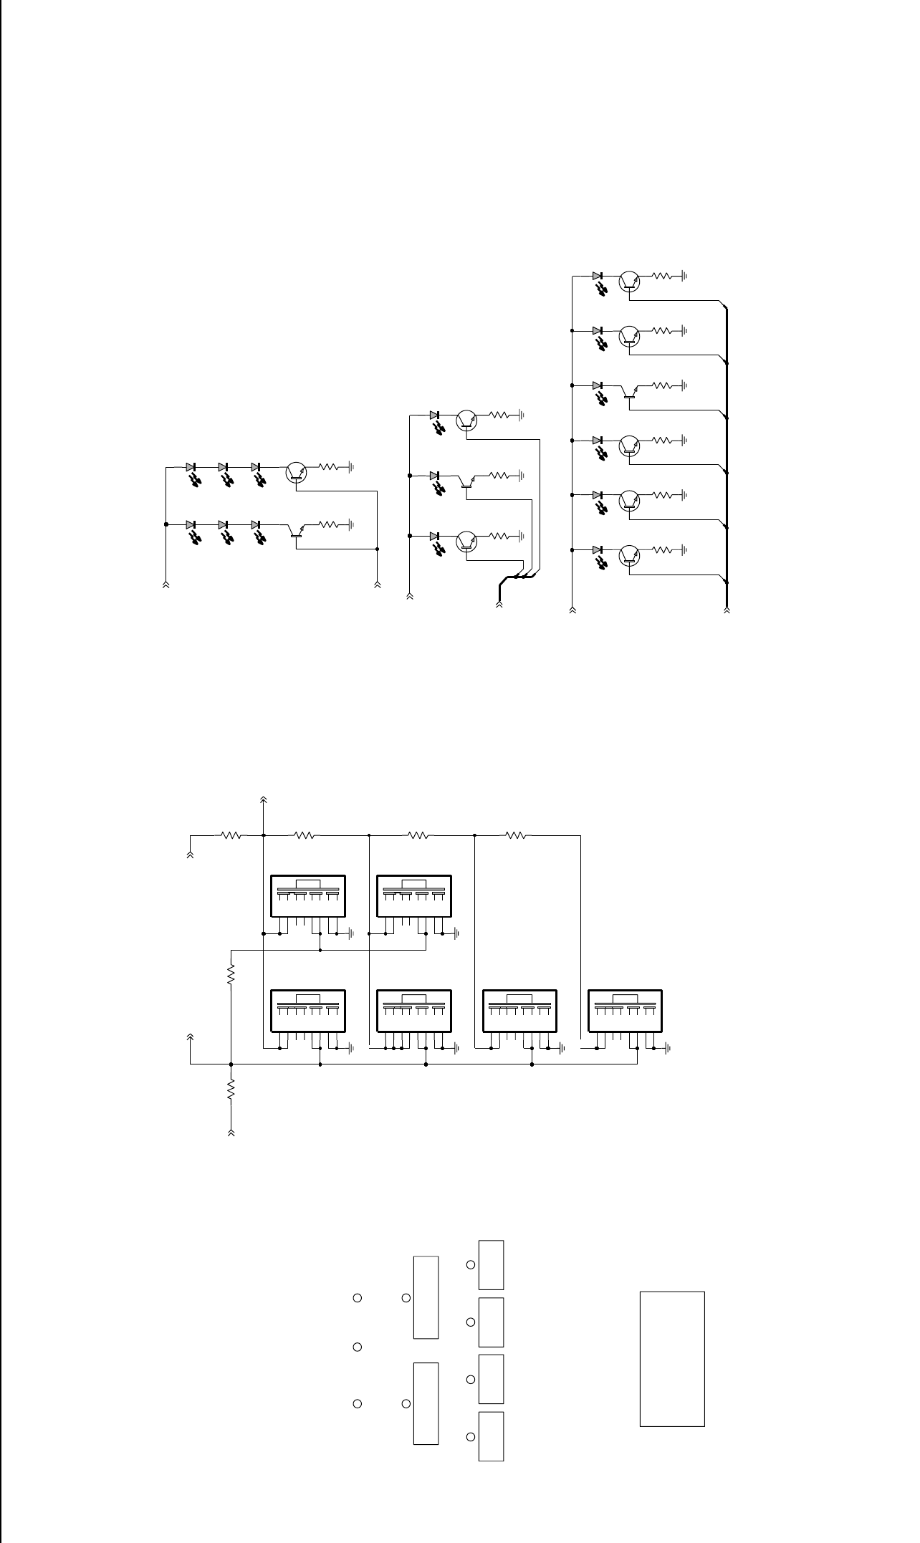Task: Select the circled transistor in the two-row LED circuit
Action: click(x=296, y=471)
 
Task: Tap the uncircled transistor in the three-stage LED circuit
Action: click(x=466, y=481)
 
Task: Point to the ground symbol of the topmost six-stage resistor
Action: click(x=685, y=275)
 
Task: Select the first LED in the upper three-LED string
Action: click(x=191, y=467)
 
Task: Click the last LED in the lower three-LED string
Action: click(x=256, y=525)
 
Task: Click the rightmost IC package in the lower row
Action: click(x=625, y=1010)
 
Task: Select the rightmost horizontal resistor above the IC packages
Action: click(x=516, y=835)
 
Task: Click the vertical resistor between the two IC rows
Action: click(x=231, y=974)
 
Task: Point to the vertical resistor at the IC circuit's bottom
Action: click(x=231, y=1090)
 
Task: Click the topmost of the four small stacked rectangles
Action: click(x=491, y=1264)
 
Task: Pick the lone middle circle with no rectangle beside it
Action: click(x=358, y=1347)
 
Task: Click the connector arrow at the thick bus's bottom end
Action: click(x=727, y=610)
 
